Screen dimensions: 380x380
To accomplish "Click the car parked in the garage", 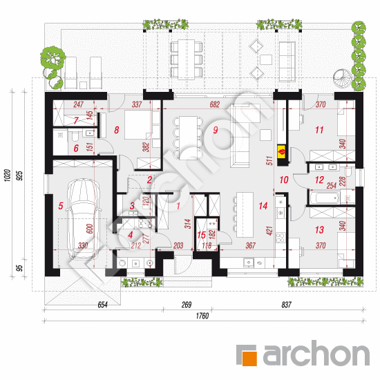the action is coord(83,220).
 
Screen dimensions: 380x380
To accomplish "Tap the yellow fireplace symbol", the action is coord(281,152).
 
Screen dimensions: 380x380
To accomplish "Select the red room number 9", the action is coord(216,130).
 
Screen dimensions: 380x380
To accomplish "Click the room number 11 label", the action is coord(319,130).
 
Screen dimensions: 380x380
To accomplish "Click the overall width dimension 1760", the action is coord(202,316).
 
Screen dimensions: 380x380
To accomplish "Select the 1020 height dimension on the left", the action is coord(8,175).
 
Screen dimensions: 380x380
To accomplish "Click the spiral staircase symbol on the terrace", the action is coord(342,78).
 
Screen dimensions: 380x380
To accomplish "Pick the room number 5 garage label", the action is coord(61,206).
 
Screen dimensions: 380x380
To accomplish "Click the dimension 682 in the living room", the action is coord(214,104).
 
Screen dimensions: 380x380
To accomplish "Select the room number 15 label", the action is coord(201,235).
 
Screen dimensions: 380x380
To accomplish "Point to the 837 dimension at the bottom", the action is coord(286,305).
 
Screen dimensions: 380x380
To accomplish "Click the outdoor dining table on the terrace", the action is coord(186,59).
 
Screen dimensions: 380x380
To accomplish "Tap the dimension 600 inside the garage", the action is coord(89,229).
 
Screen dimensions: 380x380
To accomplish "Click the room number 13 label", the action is coord(319,230).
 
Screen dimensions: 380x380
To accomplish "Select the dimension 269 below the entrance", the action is coord(187,305).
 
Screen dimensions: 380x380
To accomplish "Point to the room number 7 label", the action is coord(76,120).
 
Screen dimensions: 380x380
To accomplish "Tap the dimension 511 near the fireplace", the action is coord(269,161).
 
